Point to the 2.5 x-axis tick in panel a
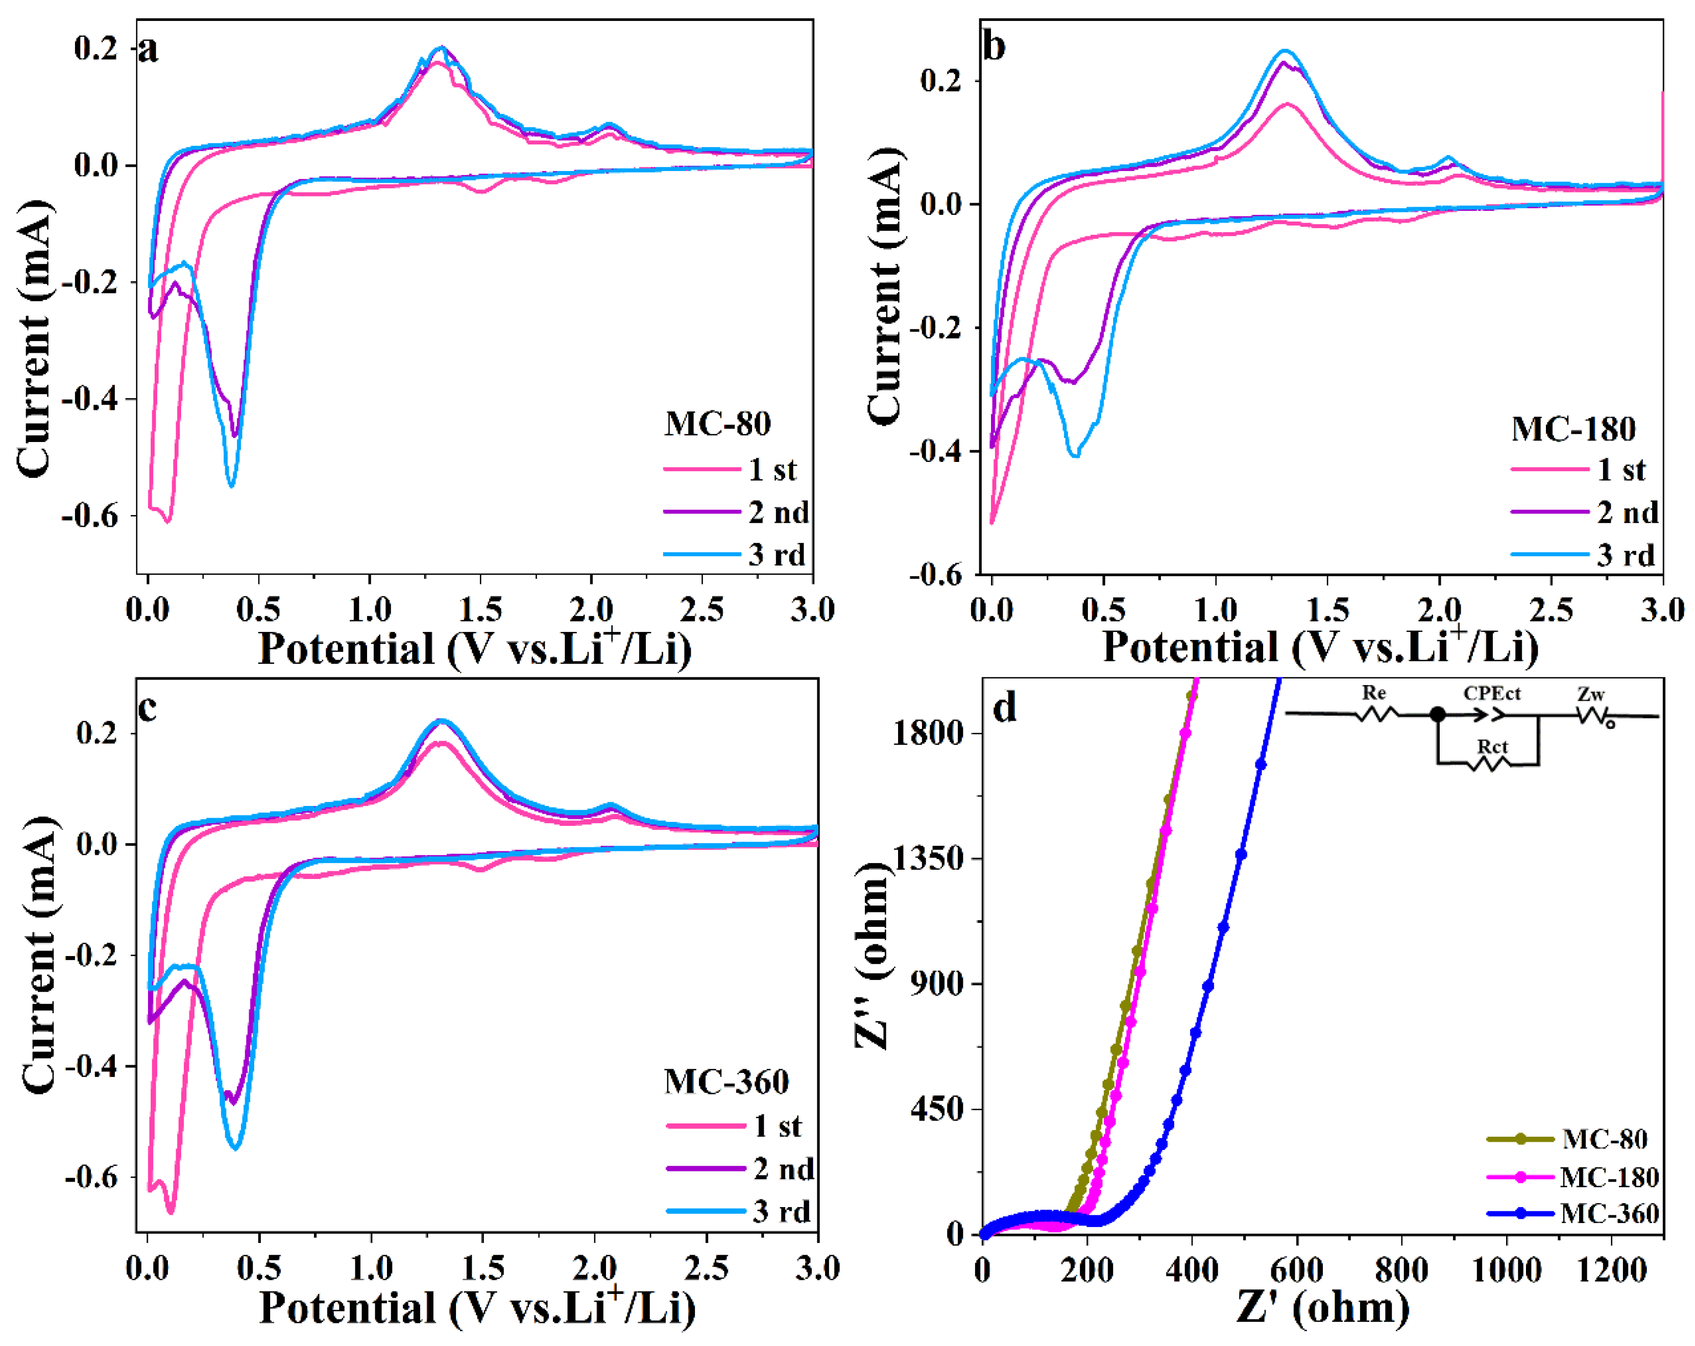[701, 609]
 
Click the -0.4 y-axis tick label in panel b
[938, 451]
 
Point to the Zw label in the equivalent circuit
[1590, 694]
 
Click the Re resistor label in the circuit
[1373, 693]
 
